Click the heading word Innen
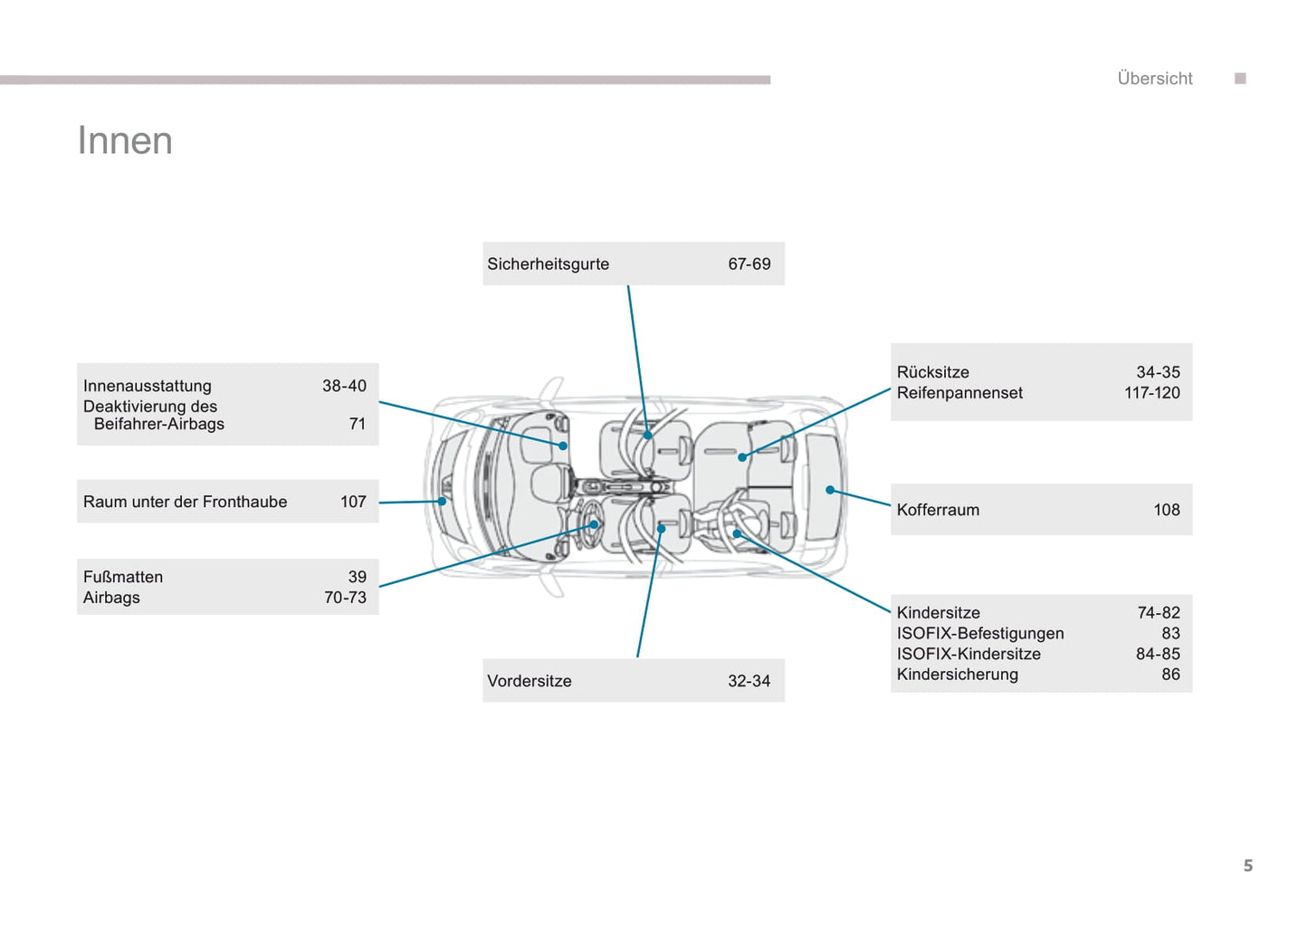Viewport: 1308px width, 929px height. click(125, 141)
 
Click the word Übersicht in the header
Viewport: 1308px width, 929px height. click(1154, 78)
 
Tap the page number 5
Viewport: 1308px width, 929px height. click(1248, 866)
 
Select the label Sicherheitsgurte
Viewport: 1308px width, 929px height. click(548, 264)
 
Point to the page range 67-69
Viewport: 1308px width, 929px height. click(749, 264)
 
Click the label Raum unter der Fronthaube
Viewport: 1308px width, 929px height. click(185, 502)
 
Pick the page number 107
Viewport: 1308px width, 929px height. click(353, 502)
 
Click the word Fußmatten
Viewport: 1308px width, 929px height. click(123, 578)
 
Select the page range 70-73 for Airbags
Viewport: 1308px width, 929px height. click(345, 598)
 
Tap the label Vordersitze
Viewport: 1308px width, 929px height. click(529, 681)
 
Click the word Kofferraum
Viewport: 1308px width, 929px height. click(938, 510)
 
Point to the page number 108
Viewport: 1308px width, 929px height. click(1167, 510)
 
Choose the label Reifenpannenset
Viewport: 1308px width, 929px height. click(960, 393)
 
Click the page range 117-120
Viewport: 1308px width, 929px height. click(1152, 393)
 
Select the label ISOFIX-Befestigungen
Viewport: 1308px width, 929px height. click(980, 634)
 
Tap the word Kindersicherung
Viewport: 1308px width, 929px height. click(958, 675)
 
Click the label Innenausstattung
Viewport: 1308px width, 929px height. click(148, 387)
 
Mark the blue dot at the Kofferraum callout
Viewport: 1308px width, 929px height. click(830, 490)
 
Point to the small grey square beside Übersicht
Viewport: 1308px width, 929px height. click(1240, 78)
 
